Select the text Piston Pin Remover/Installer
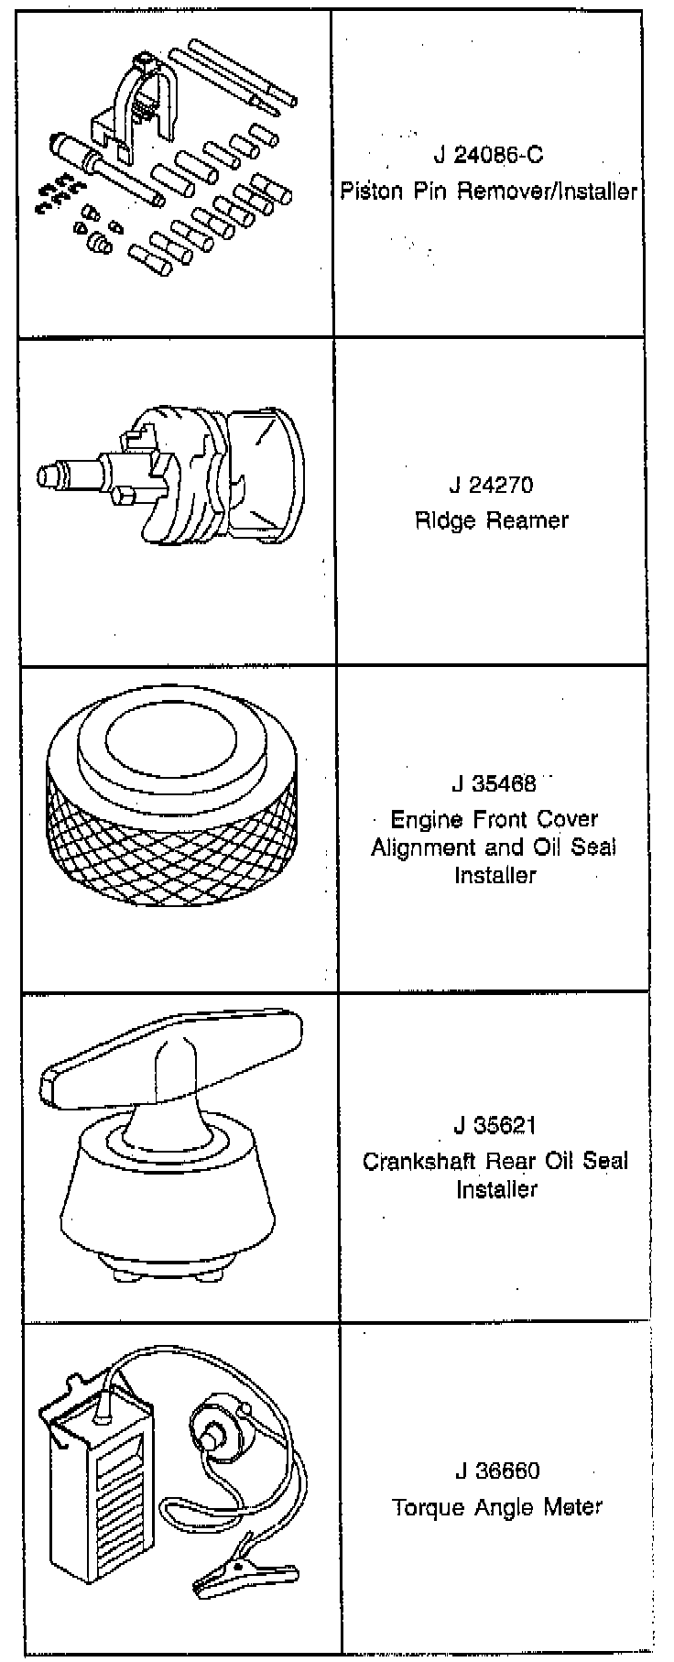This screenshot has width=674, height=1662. (488, 191)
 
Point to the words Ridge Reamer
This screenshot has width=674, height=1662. (492, 520)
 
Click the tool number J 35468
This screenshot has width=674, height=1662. (493, 784)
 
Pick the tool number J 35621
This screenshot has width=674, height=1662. (495, 1125)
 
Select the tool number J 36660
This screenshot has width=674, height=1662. (497, 1471)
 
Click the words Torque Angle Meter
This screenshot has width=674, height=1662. (497, 1507)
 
